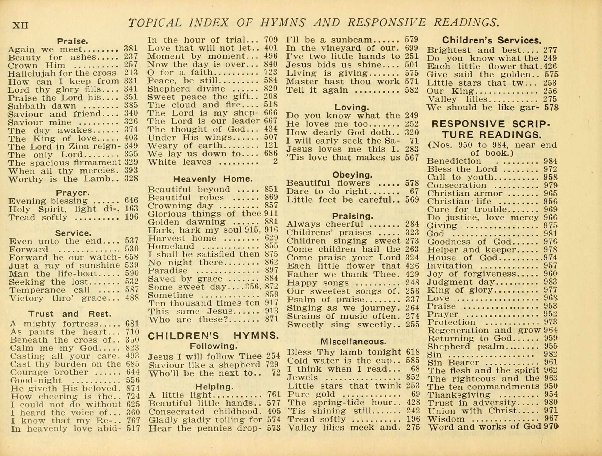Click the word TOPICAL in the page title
pyautogui.click(x=155, y=23)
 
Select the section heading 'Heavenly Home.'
pyautogui.click(x=213, y=179)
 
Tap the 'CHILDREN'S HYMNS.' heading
pyautogui.click(x=213, y=336)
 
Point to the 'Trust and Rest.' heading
pyautogui.click(x=70, y=314)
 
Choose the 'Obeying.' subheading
pyautogui.click(x=352, y=174)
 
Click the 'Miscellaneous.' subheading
pyautogui.click(x=353, y=341)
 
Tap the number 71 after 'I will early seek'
pyautogui.click(x=414, y=141)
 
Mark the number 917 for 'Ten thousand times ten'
pyautogui.click(x=272, y=303)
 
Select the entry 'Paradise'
pyautogui.click(x=168, y=271)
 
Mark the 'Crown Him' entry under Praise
pyautogui.click(x=37, y=66)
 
